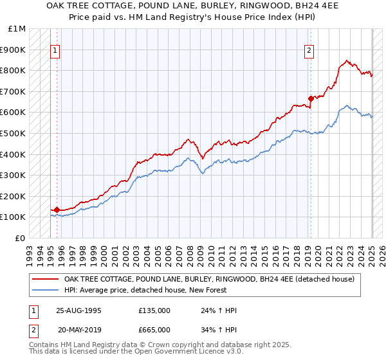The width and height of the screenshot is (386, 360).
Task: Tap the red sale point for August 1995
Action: tap(57, 210)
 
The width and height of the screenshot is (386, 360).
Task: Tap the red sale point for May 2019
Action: tap(311, 98)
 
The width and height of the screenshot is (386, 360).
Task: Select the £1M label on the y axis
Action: tap(17, 28)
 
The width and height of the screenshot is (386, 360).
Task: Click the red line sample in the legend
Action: tap(45, 279)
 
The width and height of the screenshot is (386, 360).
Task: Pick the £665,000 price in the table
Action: tap(154, 330)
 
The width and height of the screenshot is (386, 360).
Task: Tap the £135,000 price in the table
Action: tap(154, 310)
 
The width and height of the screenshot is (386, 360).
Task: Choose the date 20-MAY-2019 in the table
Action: tap(80, 330)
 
